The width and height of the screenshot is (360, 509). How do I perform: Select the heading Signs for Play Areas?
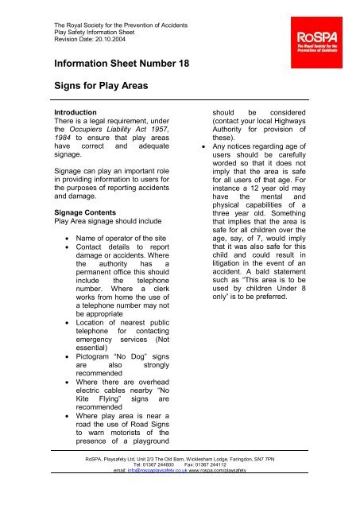[96, 90]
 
